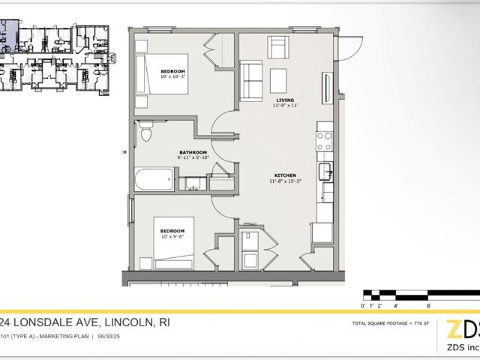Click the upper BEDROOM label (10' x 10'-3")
(172, 71)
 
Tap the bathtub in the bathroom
(154, 179)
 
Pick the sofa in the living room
(251, 77)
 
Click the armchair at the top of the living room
(279, 49)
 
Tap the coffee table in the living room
(278, 78)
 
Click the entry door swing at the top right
(346, 49)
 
